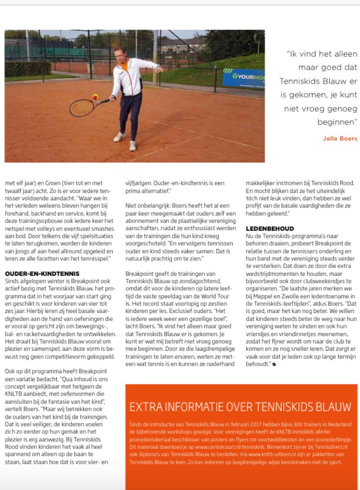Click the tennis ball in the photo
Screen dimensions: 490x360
95,96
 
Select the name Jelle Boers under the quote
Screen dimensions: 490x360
340,138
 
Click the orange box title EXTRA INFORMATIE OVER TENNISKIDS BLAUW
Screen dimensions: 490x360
240,406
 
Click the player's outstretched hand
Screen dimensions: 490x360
161,69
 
